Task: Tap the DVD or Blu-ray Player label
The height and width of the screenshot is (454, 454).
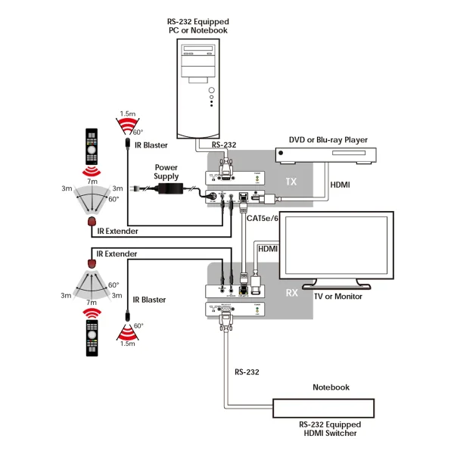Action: (328, 140)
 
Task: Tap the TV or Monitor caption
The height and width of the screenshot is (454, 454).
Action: (337, 297)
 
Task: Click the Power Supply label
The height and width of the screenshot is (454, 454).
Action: (166, 172)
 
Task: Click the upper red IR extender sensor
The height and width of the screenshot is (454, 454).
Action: (92, 222)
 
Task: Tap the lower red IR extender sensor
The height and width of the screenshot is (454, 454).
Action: (92, 263)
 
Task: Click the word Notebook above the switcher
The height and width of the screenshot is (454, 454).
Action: (331, 387)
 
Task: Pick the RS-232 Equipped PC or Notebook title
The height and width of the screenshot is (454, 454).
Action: (197, 26)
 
